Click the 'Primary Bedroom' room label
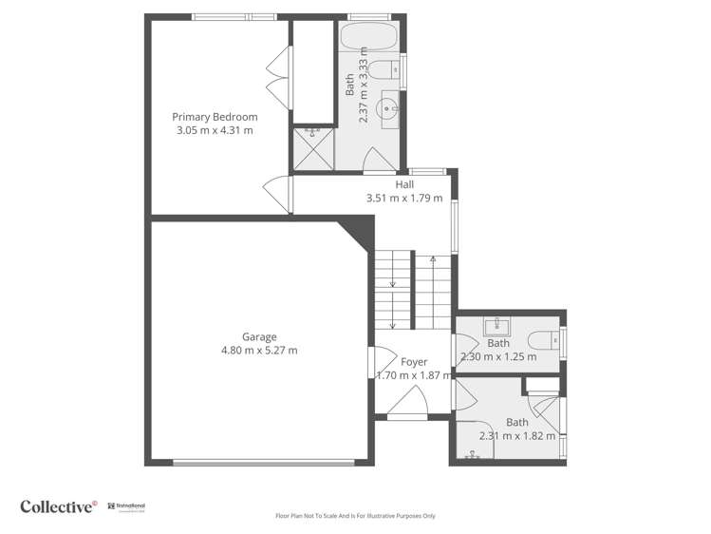pos(215,117)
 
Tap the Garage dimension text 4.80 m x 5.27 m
pos(259,350)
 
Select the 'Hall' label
pos(404,185)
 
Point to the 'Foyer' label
pos(414,362)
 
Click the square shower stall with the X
pos(312,148)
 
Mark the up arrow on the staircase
pos(432,259)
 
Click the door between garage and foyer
pos(377,361)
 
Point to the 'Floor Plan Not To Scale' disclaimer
pos(355,516)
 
